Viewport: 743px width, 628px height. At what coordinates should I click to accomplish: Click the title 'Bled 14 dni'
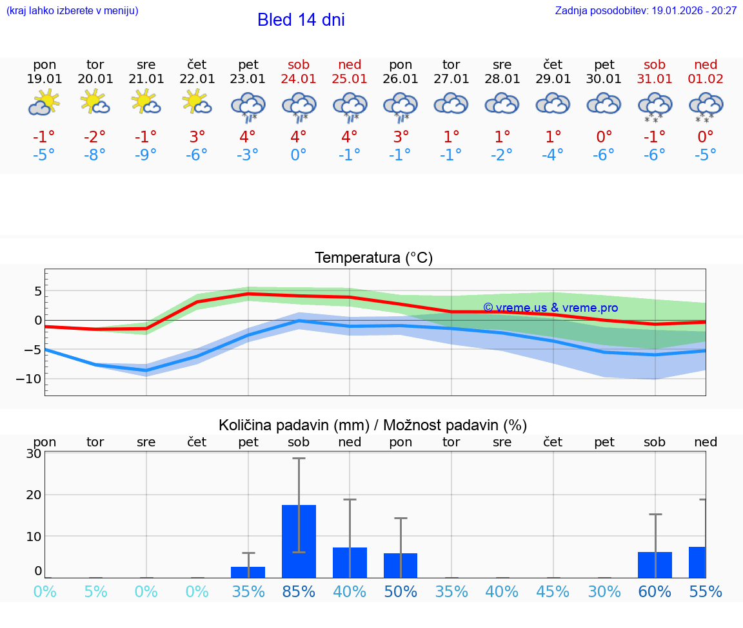point(301,20)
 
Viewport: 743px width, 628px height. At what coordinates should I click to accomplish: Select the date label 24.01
point(299,79)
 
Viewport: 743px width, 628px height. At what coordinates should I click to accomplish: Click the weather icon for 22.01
point(197,102)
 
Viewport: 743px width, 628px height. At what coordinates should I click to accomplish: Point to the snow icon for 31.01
point(655,108)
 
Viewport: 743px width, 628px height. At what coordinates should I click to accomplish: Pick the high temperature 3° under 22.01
point(197,137)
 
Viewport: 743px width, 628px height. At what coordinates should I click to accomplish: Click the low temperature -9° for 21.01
point(146,155)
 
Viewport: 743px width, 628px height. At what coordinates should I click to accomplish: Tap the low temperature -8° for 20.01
point(95,155)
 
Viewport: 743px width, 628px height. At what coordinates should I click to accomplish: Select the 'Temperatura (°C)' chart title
point(373,258)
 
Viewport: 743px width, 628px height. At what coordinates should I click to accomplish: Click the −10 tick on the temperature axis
point(29,379)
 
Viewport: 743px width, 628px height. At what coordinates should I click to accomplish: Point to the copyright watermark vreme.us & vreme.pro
point(551,308)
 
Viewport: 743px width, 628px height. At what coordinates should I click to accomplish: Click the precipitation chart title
point(373,425)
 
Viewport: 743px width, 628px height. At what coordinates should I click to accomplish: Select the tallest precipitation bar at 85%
point(299,541)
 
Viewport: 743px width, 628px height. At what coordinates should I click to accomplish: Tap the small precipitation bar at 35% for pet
point(248,572)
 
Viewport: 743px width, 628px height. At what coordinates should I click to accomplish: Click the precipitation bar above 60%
point(655,565)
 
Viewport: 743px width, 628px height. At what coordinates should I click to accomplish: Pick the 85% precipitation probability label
point(299,591)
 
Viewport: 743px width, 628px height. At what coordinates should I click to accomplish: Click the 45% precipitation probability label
point(553,591)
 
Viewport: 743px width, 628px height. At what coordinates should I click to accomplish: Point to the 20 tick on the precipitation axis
point(34,495)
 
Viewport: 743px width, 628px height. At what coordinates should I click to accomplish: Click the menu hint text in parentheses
point(72,11)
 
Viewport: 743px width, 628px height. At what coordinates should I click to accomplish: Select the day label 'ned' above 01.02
point(706,64)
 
